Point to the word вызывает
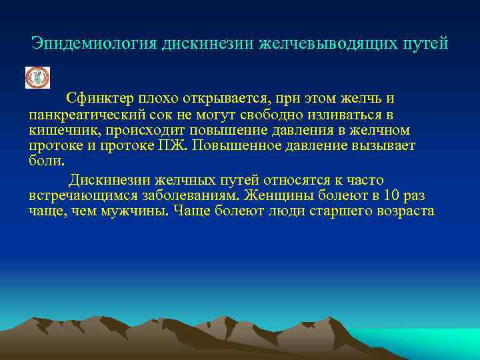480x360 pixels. click(x=383, y=145)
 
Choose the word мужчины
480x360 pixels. click(x=138, y=211)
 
